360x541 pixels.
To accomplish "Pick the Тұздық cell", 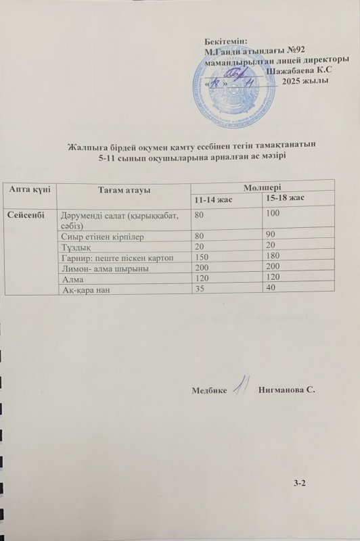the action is tap(75, 248).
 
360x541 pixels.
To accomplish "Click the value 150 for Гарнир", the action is tap(201, 258).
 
